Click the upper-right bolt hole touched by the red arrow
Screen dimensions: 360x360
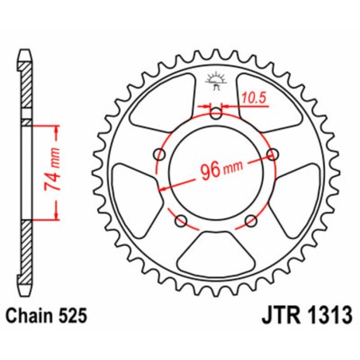[272, 153]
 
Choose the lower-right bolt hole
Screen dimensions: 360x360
[251, 219]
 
